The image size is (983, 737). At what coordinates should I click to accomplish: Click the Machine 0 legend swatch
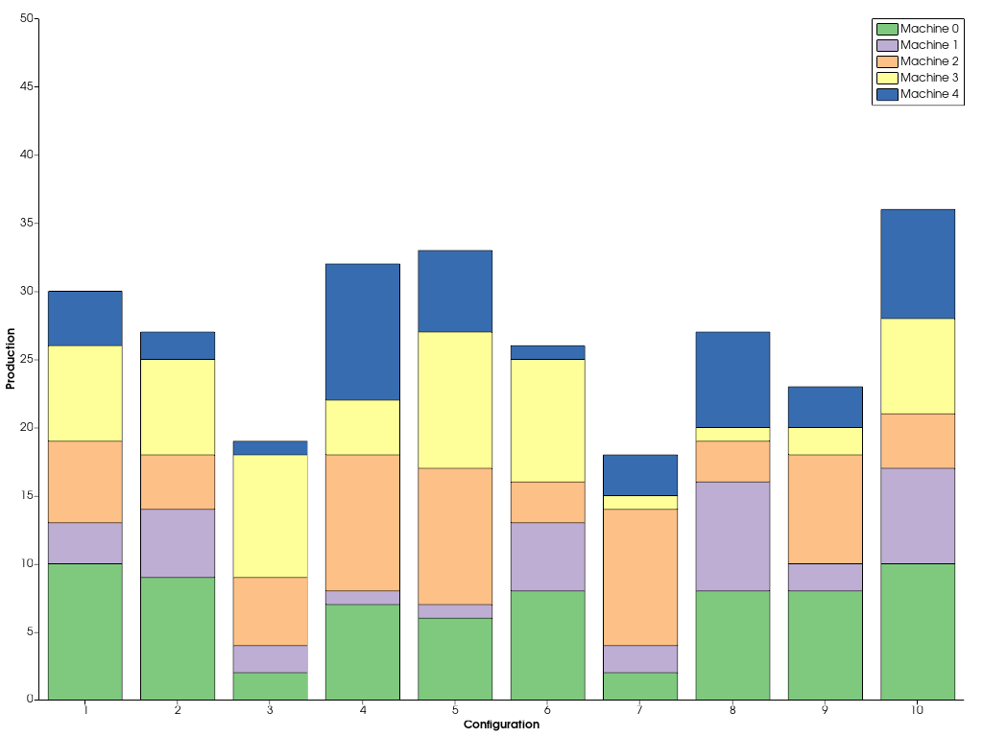click(886, 29)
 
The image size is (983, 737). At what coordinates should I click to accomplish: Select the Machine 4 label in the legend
click(929, 94)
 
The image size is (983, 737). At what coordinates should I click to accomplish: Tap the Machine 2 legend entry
click(929, 61)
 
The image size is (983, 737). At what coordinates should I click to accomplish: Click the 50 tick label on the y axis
click(26, 18)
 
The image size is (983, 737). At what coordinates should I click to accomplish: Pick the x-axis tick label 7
click(640, 710)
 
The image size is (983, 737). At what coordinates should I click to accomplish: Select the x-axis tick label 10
click(918, 710)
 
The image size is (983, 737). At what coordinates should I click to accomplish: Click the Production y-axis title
click(11, 359)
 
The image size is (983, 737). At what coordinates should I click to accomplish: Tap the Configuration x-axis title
click(501, 725)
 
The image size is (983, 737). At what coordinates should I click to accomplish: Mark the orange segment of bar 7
click(640, 577)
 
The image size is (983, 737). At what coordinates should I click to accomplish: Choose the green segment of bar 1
click(85, 631)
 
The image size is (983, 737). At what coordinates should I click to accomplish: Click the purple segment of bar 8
click(732, 535)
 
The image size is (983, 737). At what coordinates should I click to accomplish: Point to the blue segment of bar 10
click(918, 263)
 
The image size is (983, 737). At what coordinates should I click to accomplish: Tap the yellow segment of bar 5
click(455, 400)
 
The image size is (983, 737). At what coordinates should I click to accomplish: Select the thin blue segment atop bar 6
click(547, 352)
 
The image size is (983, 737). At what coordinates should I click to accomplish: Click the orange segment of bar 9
click(826, 509)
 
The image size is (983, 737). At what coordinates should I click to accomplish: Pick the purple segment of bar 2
click(178, 542)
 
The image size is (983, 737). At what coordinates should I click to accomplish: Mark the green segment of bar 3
click(270, 686)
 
